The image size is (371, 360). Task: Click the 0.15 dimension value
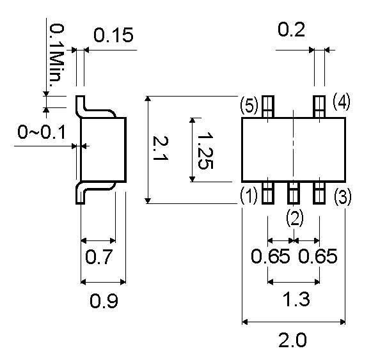(x=113, y=35)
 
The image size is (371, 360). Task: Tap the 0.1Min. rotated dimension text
(x=56, y=56)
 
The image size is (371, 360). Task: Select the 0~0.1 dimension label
(x=42, y=132)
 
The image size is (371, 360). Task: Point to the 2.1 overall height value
(x=161, y=148)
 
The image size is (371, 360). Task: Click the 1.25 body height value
(x=205, y=151)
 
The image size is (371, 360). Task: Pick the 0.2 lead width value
(x=291, y=29)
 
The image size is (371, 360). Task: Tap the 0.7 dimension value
(x=99, y=256)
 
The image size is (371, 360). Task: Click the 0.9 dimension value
(x=104, y=301)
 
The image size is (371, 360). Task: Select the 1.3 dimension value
(x=296, y=299)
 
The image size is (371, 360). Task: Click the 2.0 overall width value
(x=292, y=340)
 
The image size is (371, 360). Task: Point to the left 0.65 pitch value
(x=270, y=256)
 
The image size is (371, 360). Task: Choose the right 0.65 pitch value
(x=317, y=256)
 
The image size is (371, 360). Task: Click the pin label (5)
(x=249, y=106)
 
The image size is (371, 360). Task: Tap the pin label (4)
(x=342, y=102)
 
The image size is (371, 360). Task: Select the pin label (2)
(x=295, y=218)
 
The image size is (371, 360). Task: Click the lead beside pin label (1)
(x=268, y=193)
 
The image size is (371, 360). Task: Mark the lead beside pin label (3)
(x=319, y=193)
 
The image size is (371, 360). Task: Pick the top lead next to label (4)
(x=319, y=107)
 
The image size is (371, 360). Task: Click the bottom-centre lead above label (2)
(x=294, y=193)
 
